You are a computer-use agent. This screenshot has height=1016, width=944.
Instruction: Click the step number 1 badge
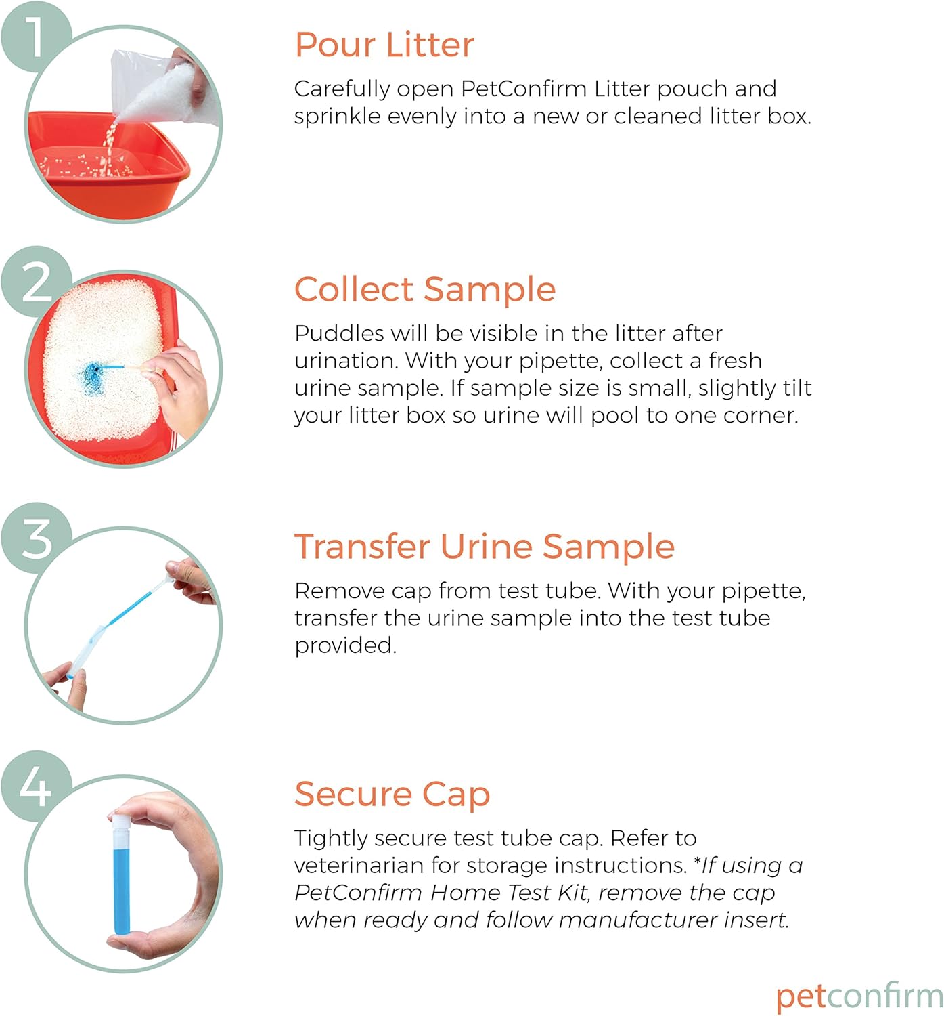[x=35, y=36]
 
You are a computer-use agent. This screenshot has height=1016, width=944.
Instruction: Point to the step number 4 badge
[x=35, y=786]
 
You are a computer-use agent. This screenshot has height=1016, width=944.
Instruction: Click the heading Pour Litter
[x=384, y=45]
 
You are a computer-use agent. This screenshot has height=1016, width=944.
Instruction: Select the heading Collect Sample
[x=425, y=290]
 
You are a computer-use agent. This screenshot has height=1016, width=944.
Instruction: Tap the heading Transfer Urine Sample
[x=485, y=547]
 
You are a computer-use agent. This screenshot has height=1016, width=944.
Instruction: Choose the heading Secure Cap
[x=392, y=794]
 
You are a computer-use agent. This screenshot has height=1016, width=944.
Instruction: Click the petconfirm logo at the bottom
[x=859, y=996]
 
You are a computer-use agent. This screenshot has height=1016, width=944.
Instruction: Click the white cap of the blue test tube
[x=120, y=827]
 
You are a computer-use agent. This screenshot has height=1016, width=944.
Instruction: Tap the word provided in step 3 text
[x=345, y=645]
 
